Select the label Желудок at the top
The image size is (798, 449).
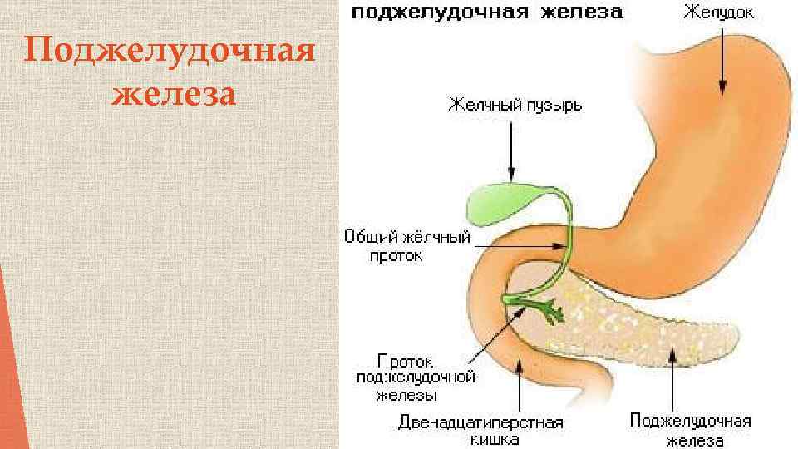719,14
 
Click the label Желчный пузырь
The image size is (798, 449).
515,105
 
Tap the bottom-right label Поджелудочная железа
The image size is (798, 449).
690,431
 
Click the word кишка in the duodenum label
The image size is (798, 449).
481,439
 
